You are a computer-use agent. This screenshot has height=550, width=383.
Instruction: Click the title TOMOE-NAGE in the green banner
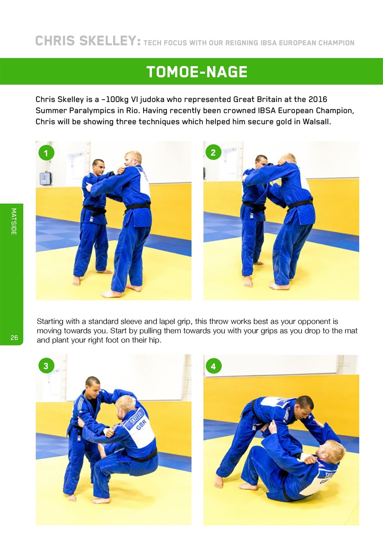(x=196, y=72)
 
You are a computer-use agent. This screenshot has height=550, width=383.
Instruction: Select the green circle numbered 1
(x=46, y=153)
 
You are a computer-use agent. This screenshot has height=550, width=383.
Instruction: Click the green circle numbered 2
(x=214, y=152)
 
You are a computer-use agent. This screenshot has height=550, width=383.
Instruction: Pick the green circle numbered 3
(x=46, y=366)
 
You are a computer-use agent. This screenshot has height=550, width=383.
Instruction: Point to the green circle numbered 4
(x=214, y=366)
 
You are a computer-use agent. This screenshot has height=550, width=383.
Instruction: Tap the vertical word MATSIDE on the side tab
(x=14, y=221)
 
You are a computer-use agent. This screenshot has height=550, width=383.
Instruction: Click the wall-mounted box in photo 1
(x=45, y=178)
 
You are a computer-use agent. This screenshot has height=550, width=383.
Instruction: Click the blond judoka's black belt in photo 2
(x=300, y=204)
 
